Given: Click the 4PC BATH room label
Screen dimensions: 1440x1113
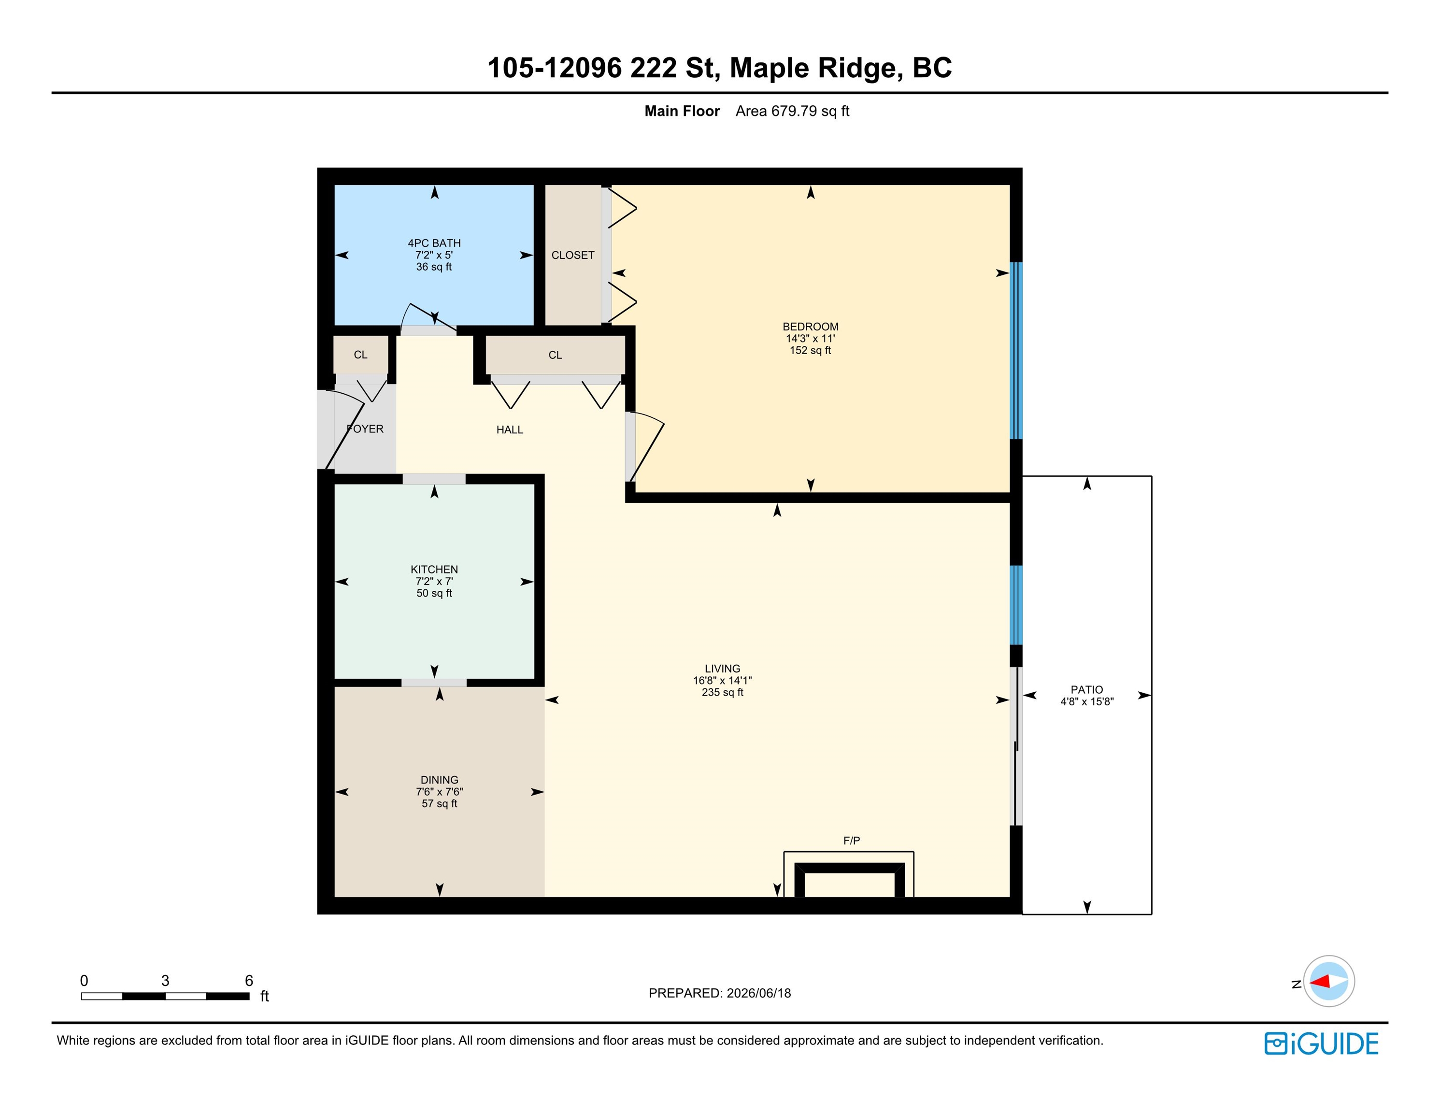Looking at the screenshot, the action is pos(434,243).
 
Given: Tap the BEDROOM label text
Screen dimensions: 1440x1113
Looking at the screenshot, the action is pos(810,327).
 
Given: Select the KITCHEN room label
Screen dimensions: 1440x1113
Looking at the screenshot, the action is pos(434,570).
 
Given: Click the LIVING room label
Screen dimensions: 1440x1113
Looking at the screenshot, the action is pos(722,669).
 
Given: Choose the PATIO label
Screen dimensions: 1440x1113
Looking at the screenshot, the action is pos(1086,690).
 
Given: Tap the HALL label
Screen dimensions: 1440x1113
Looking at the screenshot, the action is pos(510,430).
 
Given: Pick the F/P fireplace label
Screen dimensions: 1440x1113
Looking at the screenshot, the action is pos(851,841).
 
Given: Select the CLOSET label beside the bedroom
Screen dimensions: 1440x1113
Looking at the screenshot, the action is pos(573,255).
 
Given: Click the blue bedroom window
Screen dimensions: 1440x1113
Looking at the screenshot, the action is pos(1016,351).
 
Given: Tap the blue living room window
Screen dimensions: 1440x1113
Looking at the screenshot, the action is pos(1016,605).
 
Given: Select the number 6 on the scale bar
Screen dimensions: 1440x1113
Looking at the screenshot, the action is pos(249,981).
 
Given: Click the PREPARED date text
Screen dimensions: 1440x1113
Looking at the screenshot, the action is pos(719,993).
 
